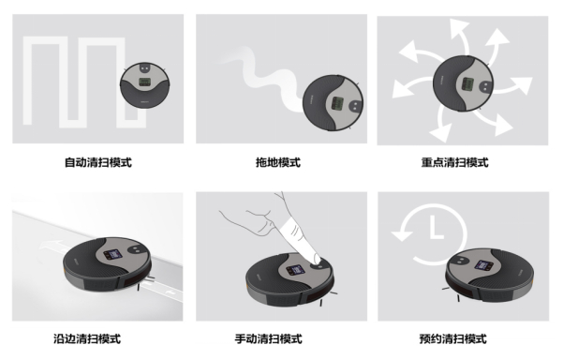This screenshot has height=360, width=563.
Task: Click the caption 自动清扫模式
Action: [x=98, y=162]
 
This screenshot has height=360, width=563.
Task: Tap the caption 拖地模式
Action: [x=278, y=162]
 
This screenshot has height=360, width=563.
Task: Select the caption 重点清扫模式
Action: [x=455, y=162]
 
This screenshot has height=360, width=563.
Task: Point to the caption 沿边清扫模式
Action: [x=87, y=338]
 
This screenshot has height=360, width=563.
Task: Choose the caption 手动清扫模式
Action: [x=269, y=338]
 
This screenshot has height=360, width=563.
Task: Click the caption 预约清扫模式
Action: [x=453, y=338]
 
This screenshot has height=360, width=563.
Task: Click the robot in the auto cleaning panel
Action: [x=144, y=84]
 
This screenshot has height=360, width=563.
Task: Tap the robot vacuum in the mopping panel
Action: [x=333, y=103]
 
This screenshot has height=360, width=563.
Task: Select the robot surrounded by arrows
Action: [x=463, y=83]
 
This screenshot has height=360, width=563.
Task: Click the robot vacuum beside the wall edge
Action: [x=107, y=263]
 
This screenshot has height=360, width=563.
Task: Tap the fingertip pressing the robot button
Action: [x=316, y=259]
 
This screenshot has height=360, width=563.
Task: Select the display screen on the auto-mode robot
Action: [x=144, y=82]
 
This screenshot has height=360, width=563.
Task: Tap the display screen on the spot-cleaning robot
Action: [x=467, y=84]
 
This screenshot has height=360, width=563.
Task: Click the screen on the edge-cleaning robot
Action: [x=112, y=255]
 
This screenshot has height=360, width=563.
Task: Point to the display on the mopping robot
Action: [x=337, y=103]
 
